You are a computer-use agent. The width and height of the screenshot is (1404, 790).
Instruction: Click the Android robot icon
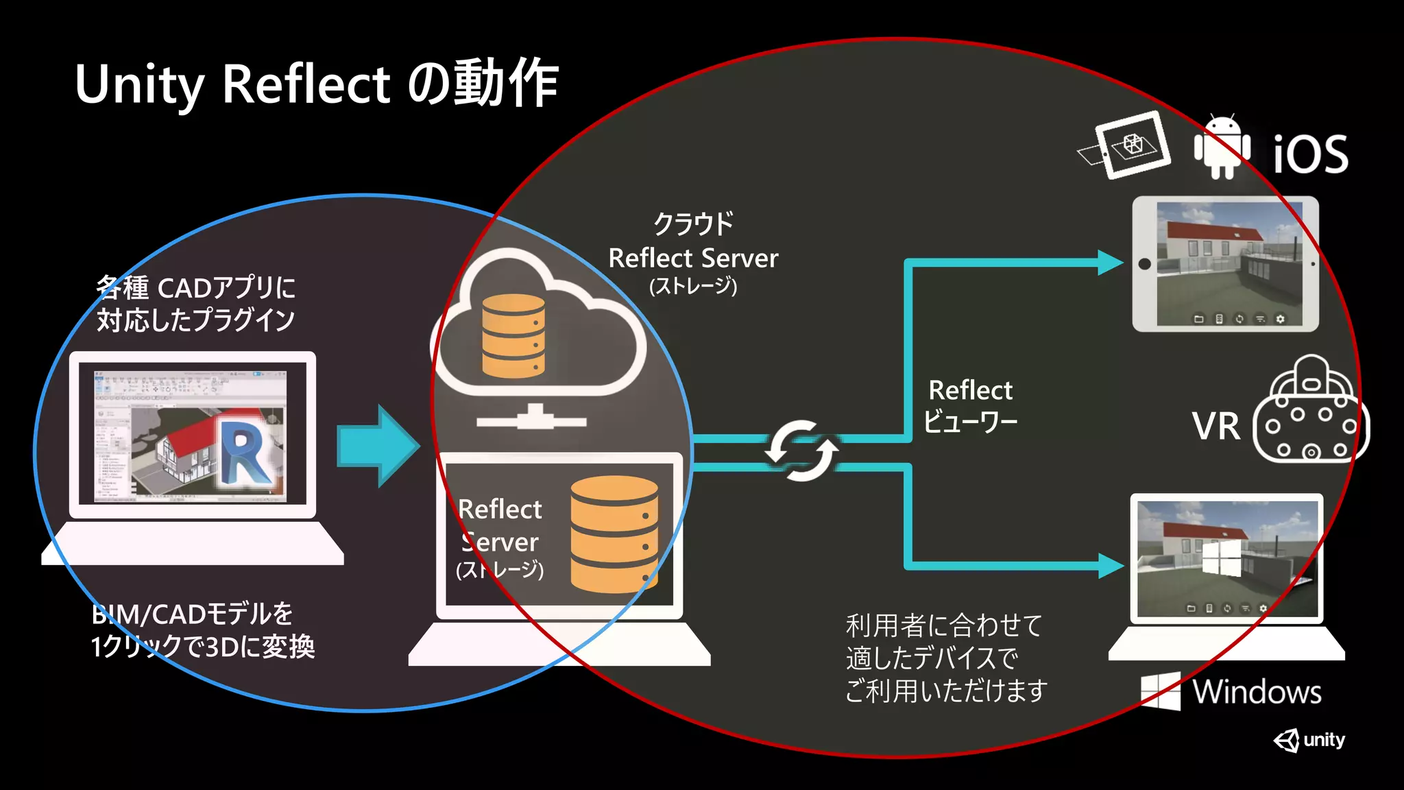point(1222,147)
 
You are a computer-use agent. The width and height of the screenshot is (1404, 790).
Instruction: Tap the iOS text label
point(1310,154)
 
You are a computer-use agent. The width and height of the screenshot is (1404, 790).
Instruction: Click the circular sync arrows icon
point(801,451)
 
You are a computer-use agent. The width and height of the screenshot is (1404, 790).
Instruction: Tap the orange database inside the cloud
point(513,335)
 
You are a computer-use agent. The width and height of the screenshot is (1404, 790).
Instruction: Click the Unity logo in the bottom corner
point(1309,740)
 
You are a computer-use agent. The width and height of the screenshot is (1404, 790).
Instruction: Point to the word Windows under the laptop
point(1257,691)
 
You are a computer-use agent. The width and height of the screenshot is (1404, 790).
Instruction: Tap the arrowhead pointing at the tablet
point(1109,263)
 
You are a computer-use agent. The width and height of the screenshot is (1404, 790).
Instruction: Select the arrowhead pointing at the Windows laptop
point(1109,566)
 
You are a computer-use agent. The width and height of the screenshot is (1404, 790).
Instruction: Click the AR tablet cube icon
point(1132,145)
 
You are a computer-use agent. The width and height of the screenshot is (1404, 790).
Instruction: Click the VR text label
point(1215,426)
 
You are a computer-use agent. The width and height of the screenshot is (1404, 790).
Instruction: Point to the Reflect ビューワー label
point(969,405)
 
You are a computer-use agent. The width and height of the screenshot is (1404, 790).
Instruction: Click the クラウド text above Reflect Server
point(693,223)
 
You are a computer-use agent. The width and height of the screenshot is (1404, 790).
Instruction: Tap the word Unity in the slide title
point(139,85)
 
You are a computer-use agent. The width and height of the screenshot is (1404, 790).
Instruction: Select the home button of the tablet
point(1144,264)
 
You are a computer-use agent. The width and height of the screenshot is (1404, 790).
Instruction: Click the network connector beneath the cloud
point(532,418)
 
